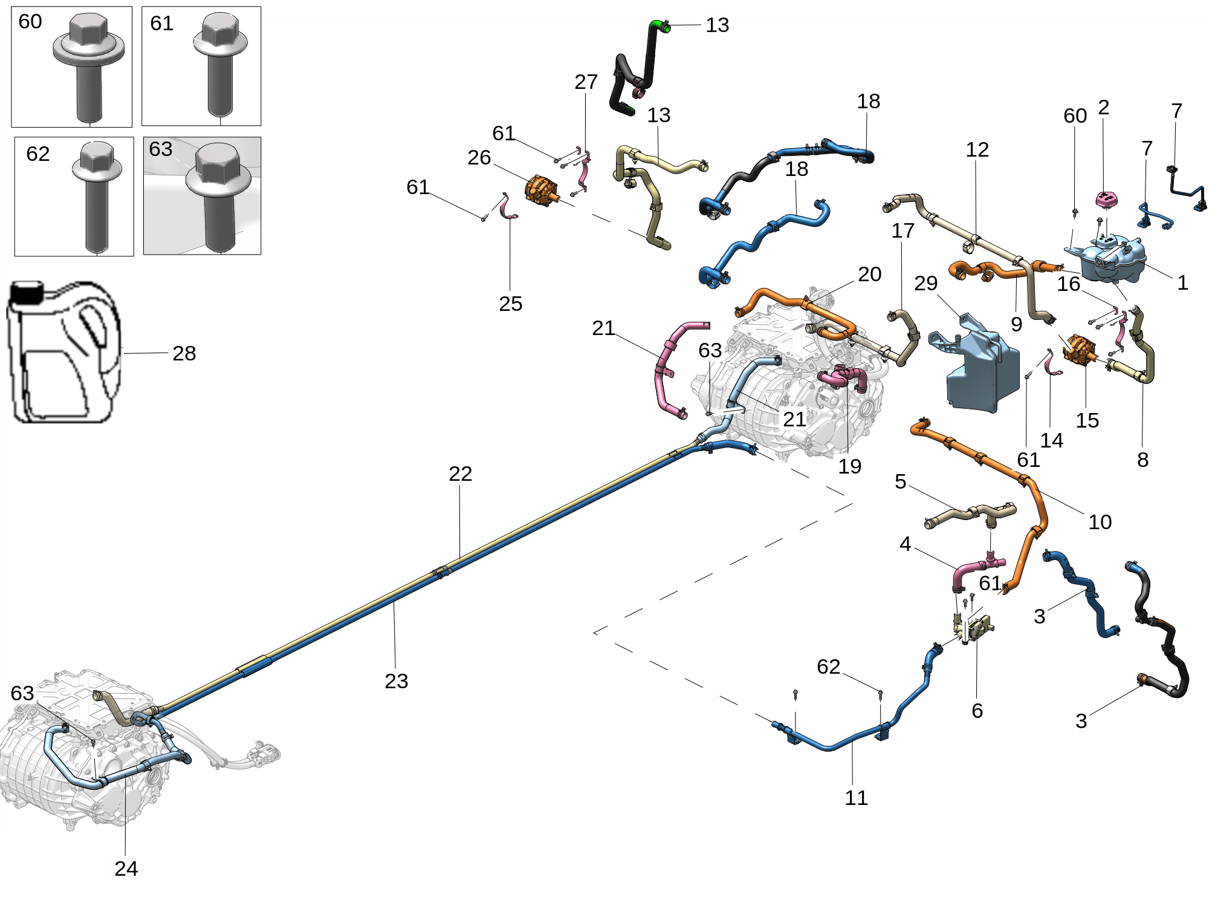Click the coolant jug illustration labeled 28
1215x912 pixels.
point(63,354)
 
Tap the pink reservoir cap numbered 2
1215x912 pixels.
point(1106,198)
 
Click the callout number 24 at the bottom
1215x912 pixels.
point(126,868)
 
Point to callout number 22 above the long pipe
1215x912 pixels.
point(460,474)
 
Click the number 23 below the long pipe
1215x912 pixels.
point(396,681)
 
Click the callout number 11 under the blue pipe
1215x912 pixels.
point(856,798)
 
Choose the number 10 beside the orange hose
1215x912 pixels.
point(1100,522)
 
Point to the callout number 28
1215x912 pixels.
point(184,353)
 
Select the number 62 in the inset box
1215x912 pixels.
point(37,154)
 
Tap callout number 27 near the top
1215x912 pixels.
point(586,82)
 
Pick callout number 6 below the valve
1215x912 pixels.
point(977,711)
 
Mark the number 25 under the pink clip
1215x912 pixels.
point(510,304)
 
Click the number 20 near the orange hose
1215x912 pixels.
point(869,274)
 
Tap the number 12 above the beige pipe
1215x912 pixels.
point(977,149)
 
